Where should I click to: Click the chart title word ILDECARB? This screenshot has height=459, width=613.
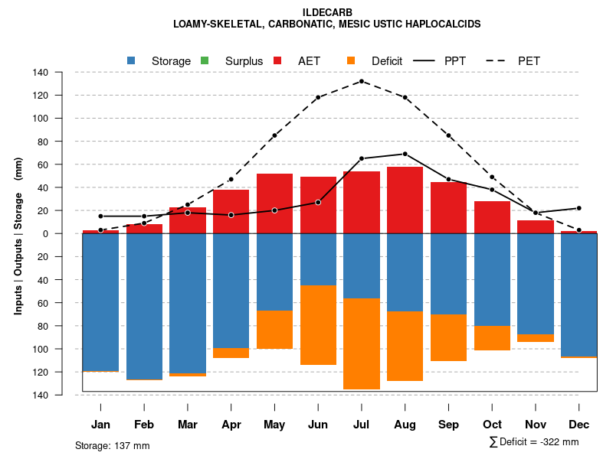pyautogui.click(x=327, y=12)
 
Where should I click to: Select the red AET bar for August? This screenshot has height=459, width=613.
pyautogui.click(x=405, y=200)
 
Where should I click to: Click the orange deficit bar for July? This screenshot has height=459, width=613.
pyautogui.click(x=362, y=343)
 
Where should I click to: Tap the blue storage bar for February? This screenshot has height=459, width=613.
pyautogui.click(x=143, y=306)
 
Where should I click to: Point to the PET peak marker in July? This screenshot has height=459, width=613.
pyautogui.click(x=362, y=81)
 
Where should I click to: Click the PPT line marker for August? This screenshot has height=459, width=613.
pyautogui.click(x=405, y=154)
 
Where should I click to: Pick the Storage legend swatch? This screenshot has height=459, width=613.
pyautogui.click(x=131, y=60)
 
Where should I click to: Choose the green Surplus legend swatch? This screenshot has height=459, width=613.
pyautogui.click(x=204, y=60)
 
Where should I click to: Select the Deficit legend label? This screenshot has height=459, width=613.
pyautogui.click(x=387, y=61)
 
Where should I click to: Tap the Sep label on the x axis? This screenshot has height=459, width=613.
pyautogui.click(x=448, y=425)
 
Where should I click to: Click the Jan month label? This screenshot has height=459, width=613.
pyautogui.click(x=100, y=425)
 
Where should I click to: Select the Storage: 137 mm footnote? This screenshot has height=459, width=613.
pyautogui.click(x=113, y=445)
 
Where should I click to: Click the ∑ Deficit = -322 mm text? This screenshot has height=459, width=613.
pyautogui.click(x=533, y=442)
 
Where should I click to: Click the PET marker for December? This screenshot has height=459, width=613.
pyautogui.click(x=579, y=230)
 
